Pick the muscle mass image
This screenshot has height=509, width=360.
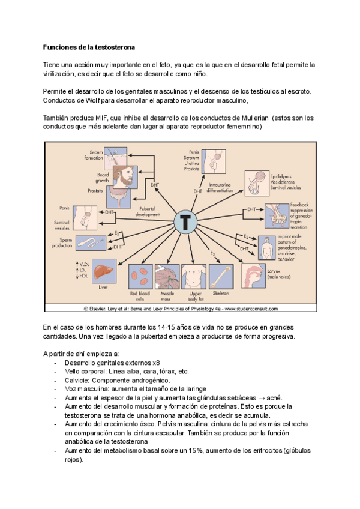167,276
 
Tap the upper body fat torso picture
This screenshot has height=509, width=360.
196,276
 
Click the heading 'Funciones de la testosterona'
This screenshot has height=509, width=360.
89,47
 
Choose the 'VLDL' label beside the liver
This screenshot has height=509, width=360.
83,264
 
